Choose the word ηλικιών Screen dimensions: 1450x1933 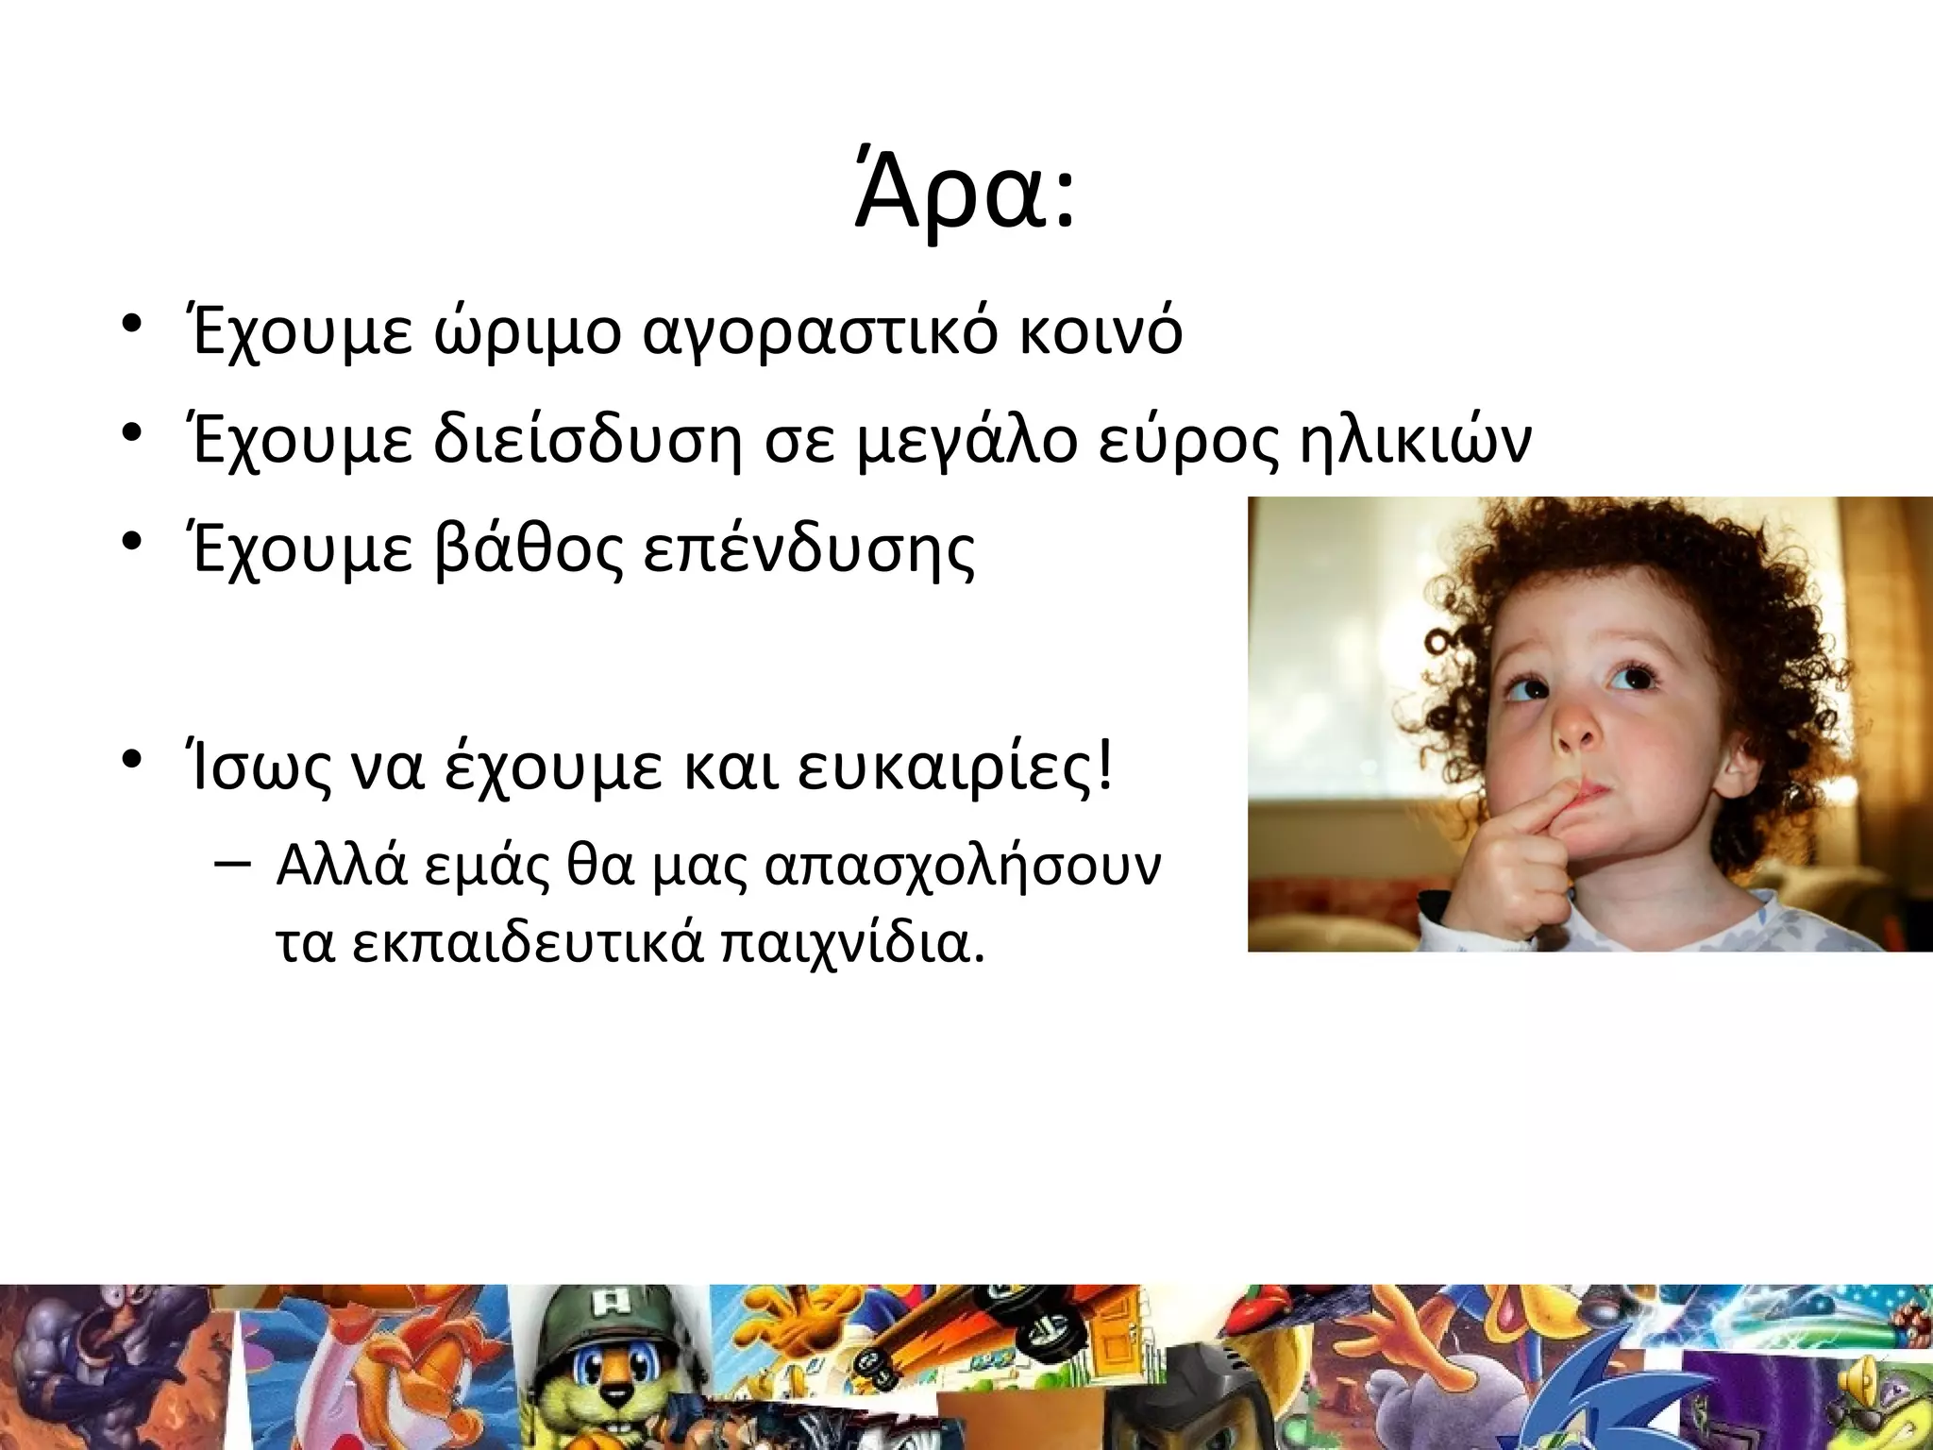(x=1415, y=441)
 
